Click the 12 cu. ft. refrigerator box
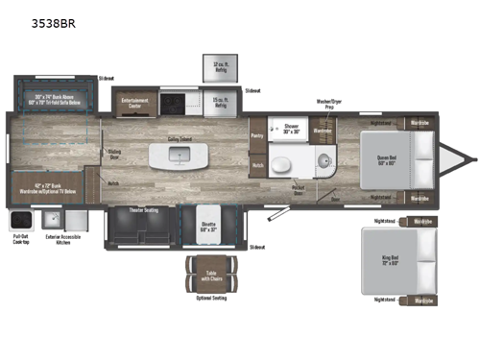[x=219, y=68]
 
